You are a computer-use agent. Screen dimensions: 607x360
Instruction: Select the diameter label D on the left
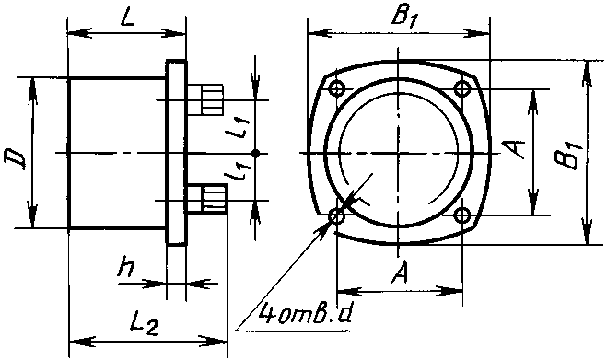pyautogui.click(x=15, y=158)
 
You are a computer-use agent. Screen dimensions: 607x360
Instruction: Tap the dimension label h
pyautogui.click(x=125, y=266)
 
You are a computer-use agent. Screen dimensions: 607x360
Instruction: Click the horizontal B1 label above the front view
pyautogui.click(x=403, y=17)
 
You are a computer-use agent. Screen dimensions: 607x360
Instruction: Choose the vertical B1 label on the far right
pyautogui.click(x=569, y=156)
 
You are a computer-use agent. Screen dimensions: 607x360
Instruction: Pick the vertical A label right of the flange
pyautogui.click(x=514, y=148)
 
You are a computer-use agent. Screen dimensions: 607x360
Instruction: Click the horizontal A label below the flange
pyautogui.click(x=400, y=273)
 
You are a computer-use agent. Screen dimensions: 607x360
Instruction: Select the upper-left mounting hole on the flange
pyautogui.click(x=337, y=88)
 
